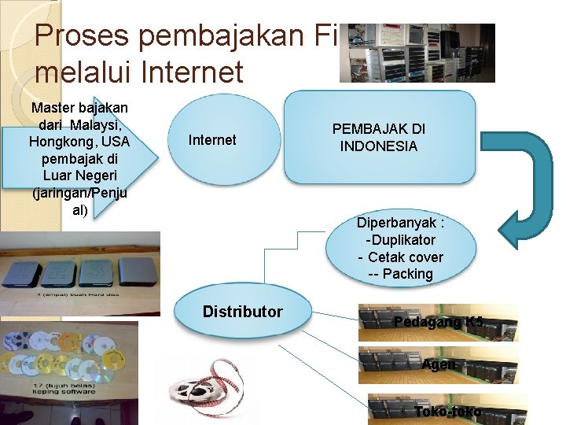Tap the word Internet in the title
(x=193, y=73)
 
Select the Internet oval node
(x=212, y=140)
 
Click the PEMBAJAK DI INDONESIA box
(x=379, y=138)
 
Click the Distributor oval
(x=242, y=312)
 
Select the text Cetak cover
(x=405, y=257)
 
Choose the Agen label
(x=438, y=365)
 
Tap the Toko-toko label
(x=447, y=411)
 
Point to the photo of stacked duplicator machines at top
(x=417, y=52)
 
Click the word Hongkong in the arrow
(x=58, y=142)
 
